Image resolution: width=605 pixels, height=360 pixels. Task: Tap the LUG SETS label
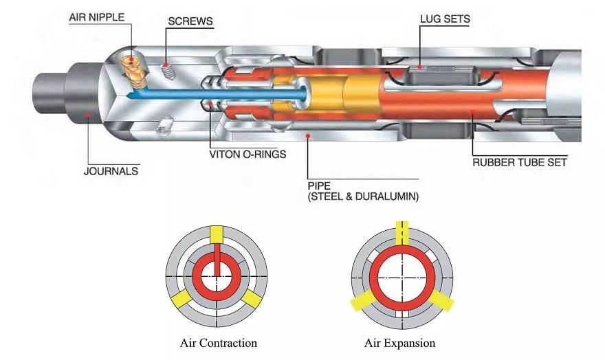[x=445, y=19]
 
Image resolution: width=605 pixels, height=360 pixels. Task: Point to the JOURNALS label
[x=111, y=171]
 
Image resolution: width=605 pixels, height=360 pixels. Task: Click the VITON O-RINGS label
[x=247, y=154]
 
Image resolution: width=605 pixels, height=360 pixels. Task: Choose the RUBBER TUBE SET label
[x=519, y=163]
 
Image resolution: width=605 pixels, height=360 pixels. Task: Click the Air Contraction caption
[x=218, y=342]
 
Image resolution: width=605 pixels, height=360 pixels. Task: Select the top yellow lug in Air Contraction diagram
[x=217, y=234]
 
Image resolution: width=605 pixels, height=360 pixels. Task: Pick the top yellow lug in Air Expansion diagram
[x=402, y=232]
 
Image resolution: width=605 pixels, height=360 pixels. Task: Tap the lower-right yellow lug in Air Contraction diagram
[x=252, y=297]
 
